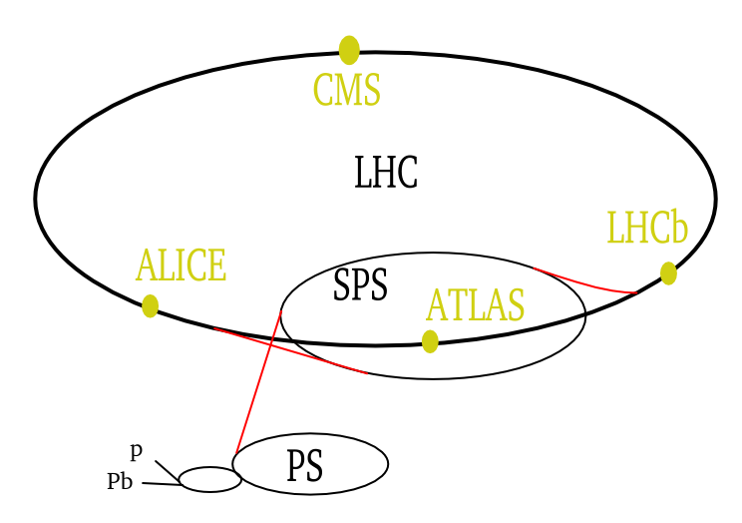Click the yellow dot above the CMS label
[x=349, y=50]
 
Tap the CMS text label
[x=347, y=90]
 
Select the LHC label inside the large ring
[x=386, y=173]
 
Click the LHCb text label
[x=647, y=228]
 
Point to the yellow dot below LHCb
[x=668, y=273]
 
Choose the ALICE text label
[x=182, y=264]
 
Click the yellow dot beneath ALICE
[x=150, y=306]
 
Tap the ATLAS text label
[x=475, y=304]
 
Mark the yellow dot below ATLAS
[x=430, y=341]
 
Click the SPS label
[x=361, y=284]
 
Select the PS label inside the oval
[x=305, y=466]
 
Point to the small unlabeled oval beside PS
[x=210, y=467]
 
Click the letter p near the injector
[x=137, y=451]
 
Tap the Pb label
[x=120, y=481]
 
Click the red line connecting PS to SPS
[x=258, y=382]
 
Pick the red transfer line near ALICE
[x=289, y=350]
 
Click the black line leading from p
[x=168, y=470]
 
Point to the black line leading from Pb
[x=162, y=484]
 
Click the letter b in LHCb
[x=679, y=228]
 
